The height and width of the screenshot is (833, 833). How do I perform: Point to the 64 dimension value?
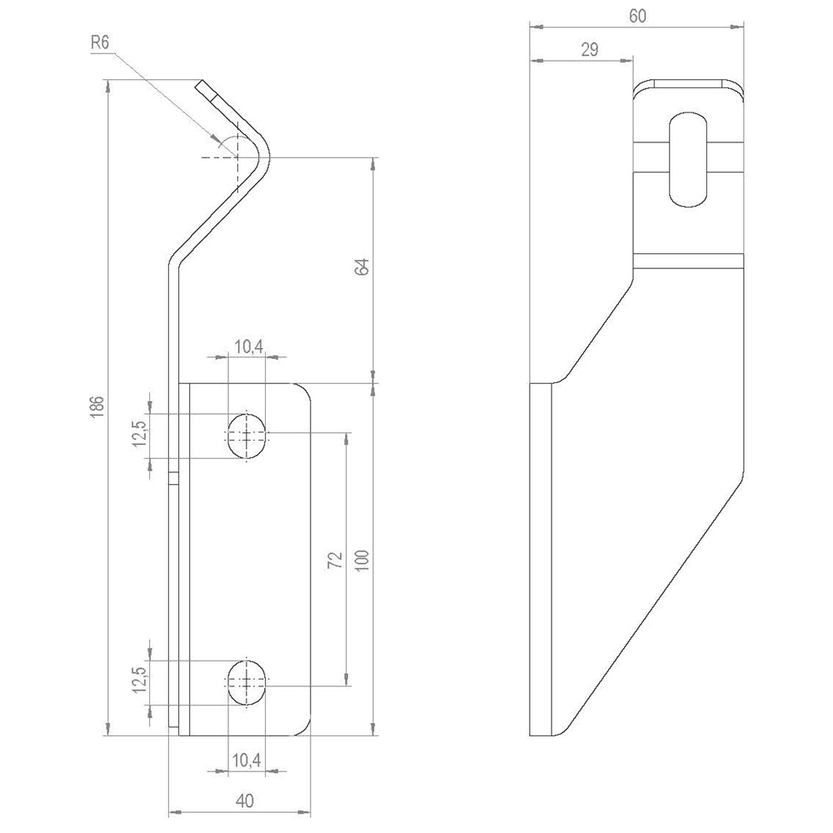pos(362,267)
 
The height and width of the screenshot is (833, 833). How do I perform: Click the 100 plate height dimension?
pos(362,559)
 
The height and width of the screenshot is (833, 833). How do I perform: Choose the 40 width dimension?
pos(244,801)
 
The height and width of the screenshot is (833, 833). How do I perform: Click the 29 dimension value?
pos(589,50)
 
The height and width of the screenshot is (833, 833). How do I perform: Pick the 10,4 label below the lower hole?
pos(247,760)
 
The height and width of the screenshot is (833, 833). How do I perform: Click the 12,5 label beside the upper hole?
pos(139,433)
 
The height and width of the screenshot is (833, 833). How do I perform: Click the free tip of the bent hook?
pos(202,84)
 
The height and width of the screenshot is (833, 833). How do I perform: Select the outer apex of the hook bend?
pos(272,156)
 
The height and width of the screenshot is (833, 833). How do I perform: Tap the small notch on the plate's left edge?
pos(173,478)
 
